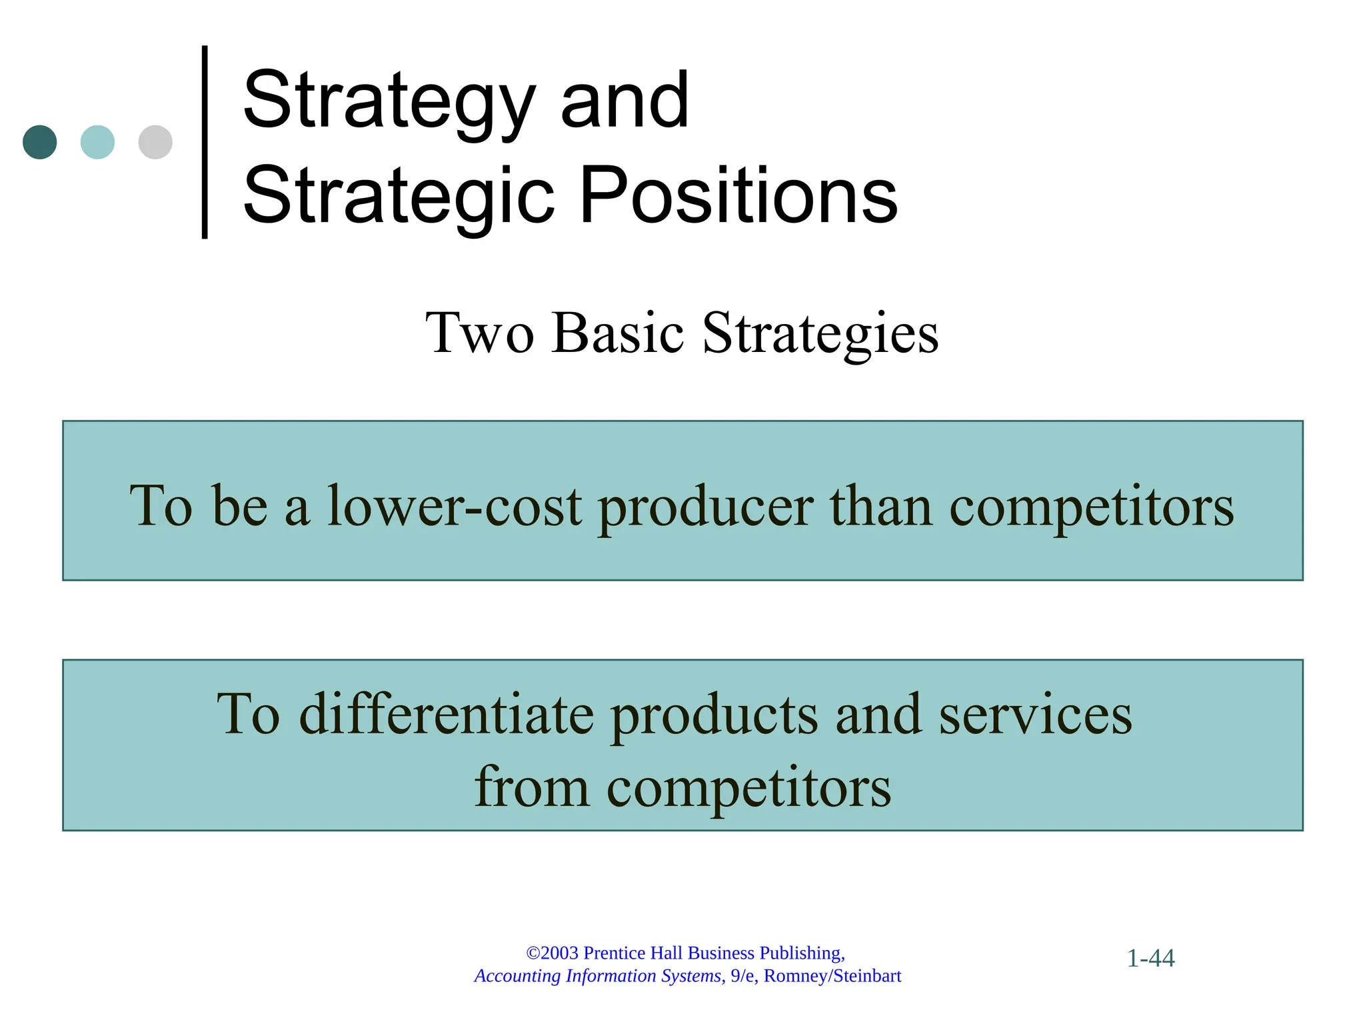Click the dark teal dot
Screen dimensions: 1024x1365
point(39,142)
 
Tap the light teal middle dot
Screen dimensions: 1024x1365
point(97,142)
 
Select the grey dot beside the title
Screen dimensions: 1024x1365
point(155,142)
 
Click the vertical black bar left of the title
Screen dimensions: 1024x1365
point(205,142)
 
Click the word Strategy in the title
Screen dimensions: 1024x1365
point(390,102)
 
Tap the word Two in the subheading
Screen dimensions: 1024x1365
point(480,333)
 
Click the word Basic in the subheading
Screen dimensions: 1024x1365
point(618,333)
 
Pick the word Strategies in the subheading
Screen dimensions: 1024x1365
point(820,333)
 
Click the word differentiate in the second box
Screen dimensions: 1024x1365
point(447,715)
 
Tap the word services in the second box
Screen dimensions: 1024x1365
point(1036,715)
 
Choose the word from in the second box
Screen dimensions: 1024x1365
point(531,787)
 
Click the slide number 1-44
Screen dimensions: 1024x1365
point(1150,959)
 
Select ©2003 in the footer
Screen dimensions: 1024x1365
point(552,953)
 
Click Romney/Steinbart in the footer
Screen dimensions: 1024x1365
point(832,976)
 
